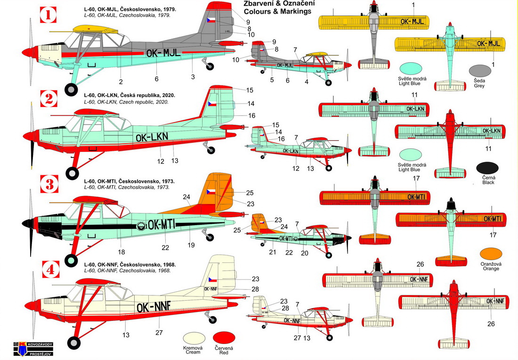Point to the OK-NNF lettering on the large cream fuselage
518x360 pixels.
point(153,308)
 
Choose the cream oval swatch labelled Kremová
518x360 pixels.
point(195,337)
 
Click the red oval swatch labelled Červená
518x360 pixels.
point(224,337)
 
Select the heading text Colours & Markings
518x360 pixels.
point(277,11)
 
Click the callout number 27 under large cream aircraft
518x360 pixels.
point(160,333)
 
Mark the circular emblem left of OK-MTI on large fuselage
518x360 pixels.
point(141,226)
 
